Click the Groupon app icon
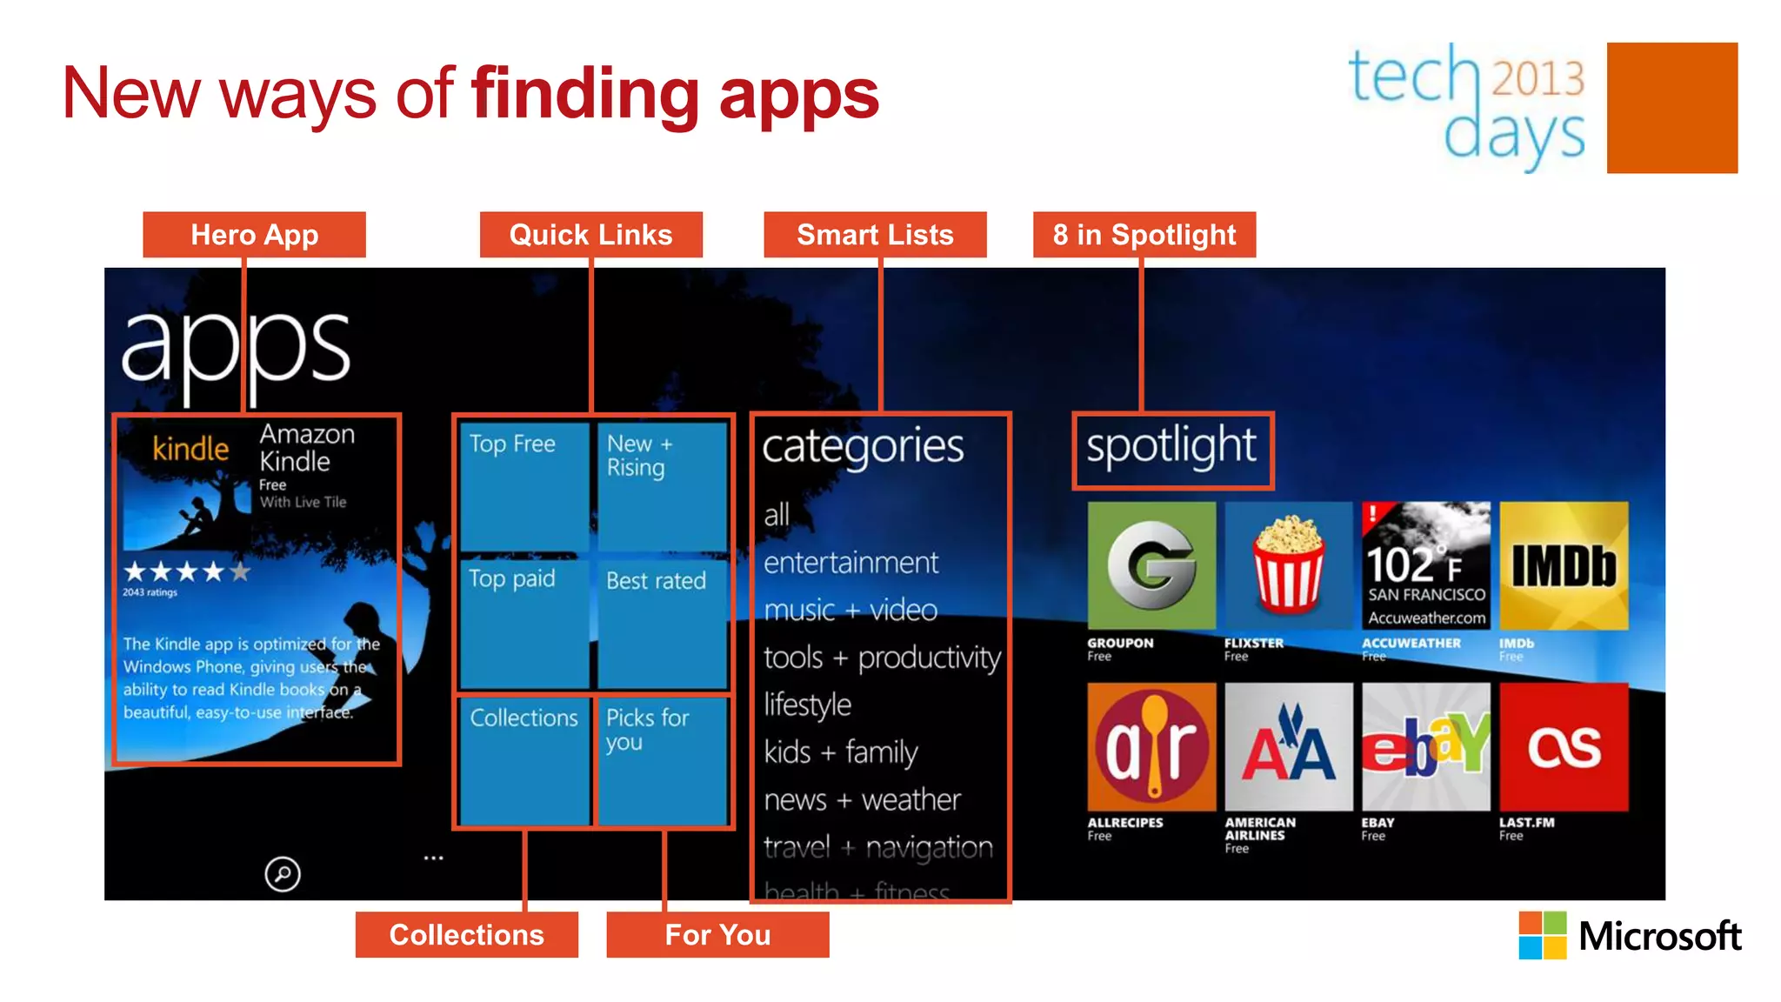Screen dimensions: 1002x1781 [1151, 565]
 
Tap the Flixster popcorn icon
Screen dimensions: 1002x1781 [1289, 565]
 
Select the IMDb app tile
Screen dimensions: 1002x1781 [1564, 565]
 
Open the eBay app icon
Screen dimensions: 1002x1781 [1426, 746]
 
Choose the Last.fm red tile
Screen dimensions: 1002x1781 [1564, 746]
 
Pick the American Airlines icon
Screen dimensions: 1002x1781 [1289, 746]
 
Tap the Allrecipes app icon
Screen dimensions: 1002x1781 [1151, 746]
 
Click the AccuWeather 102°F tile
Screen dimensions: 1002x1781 [1426, 565]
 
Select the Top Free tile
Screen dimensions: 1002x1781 [524, 485]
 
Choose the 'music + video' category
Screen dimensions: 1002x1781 [850, 610]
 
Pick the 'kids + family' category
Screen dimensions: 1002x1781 [841, 751]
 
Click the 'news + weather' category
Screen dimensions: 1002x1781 [862, 799]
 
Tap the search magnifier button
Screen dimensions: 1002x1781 [283, 874]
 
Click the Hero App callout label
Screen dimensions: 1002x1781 [254, 235]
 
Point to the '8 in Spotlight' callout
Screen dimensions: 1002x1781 [1144, 235]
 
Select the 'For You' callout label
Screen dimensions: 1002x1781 [717, 935]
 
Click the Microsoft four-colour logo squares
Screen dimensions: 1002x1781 [1542, 936]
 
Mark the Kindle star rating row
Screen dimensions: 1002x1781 [187, 571]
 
